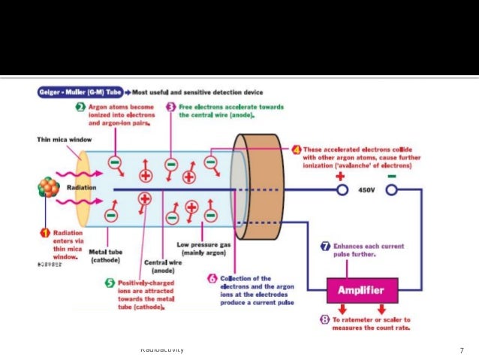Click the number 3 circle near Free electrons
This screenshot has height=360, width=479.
tap(170, 107)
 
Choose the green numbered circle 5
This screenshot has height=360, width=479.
tap(111, 283)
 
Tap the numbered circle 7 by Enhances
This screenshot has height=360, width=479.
tap(325, 246)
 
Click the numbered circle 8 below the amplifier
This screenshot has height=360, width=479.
tap(324, 319)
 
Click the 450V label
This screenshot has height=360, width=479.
tap(366, 190)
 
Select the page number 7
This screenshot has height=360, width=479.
tap(462, 350)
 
